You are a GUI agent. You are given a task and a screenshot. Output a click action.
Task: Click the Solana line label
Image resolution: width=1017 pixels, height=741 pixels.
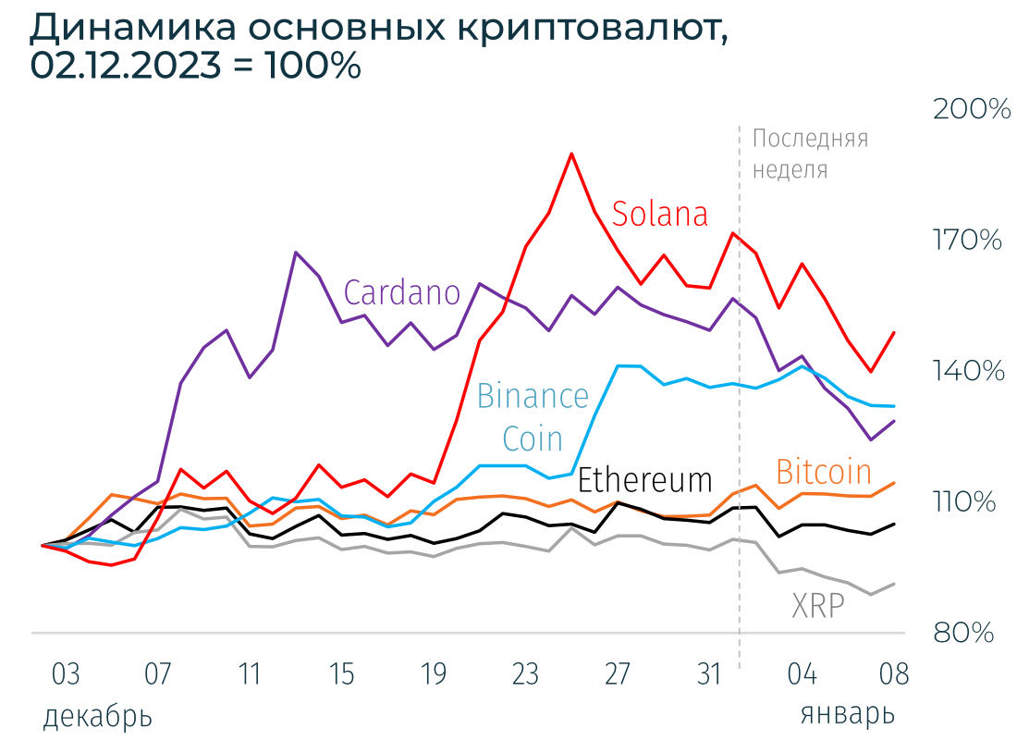660,214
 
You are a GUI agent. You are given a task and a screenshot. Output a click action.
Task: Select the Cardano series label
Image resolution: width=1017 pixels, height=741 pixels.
402,292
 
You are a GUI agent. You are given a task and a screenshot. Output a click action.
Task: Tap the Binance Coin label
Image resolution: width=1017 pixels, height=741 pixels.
533,415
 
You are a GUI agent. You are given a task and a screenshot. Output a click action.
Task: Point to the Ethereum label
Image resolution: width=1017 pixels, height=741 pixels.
645,480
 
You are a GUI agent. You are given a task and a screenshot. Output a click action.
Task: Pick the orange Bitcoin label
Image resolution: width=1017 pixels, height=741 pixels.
824,472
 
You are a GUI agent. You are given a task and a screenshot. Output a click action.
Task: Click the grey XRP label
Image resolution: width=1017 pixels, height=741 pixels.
818,606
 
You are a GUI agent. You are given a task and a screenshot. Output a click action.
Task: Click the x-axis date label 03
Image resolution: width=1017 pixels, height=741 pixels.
66,674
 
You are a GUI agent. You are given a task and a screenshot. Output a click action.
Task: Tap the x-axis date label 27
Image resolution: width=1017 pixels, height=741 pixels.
617,674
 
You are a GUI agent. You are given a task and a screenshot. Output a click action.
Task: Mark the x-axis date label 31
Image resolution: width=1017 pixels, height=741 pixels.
708,674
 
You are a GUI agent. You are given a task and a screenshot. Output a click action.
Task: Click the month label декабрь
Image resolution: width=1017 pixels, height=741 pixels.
97,715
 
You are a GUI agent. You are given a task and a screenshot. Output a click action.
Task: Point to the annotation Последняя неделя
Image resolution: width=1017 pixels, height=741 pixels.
810,154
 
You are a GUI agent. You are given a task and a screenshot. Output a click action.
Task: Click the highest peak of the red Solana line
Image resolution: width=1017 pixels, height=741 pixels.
572,154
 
